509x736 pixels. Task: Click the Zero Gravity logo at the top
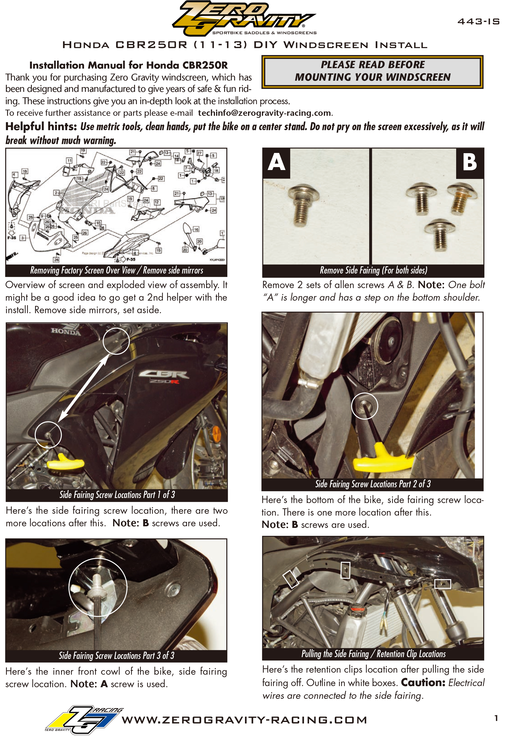coord(244,18)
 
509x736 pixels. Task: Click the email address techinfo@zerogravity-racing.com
coord(264,113)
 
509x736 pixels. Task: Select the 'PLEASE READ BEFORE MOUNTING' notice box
coord(373,72)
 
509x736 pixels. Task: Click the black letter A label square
coord(276,163)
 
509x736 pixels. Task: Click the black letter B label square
coord(470,163)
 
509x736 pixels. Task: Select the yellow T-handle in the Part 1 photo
coord(65,462)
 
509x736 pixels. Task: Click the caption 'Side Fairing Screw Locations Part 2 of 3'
coord(373,484)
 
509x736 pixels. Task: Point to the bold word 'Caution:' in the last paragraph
coord(423,682)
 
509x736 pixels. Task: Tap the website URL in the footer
coord(244,720)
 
